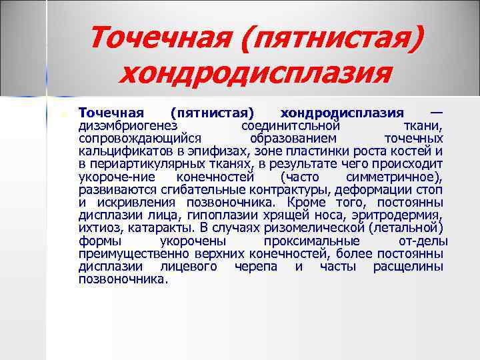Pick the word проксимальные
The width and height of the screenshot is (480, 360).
pyautogui.click(x=312, y=241)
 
